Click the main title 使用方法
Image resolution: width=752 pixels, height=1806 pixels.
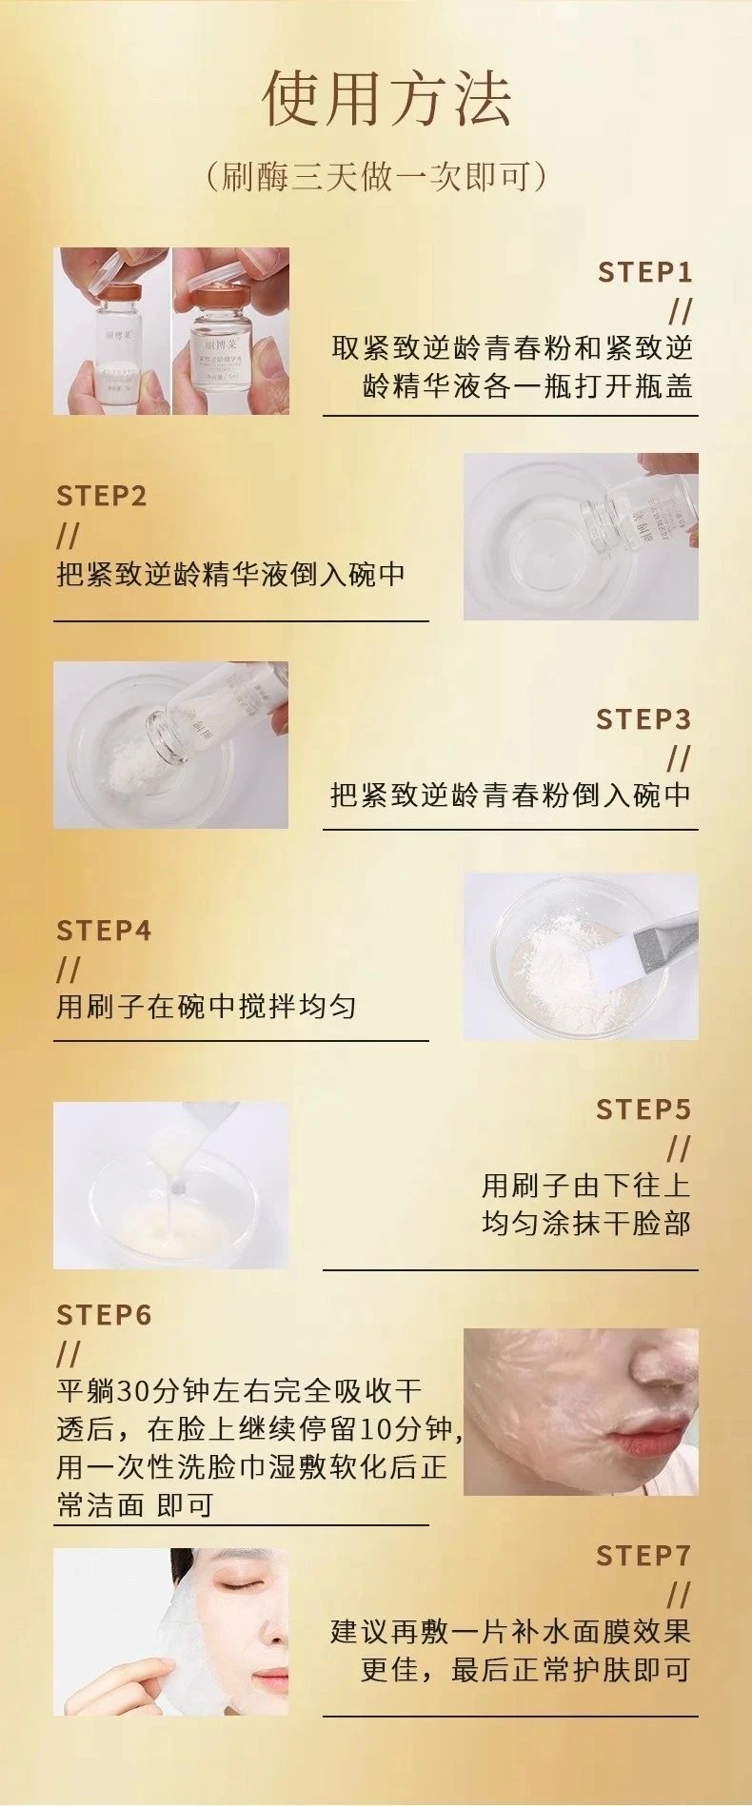click(x=387, y=99)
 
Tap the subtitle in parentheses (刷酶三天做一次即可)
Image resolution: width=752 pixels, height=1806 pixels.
click(x=377, y=177)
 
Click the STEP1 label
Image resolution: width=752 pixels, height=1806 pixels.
click(x=644, y=273)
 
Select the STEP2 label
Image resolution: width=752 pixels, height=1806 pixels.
click(x=102, y=496)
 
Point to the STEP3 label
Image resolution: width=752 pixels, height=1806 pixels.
click(x=643, y=719)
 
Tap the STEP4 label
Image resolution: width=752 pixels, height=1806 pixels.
click(x=104, y=930)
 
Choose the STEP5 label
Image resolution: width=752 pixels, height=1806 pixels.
click(x=643, y=1109)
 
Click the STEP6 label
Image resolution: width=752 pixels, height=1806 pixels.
click(x=104, y=1315)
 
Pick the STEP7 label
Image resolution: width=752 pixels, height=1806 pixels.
click(x=643, y=1556)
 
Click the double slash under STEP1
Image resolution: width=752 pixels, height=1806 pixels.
click(x=680, y=310)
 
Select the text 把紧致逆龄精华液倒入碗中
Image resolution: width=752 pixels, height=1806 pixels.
click(x=231, y=575)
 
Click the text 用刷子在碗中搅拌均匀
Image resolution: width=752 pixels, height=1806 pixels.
click(x=207, y=1007)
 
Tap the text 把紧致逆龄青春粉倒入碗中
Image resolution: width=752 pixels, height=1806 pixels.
click(x=510, y=795)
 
